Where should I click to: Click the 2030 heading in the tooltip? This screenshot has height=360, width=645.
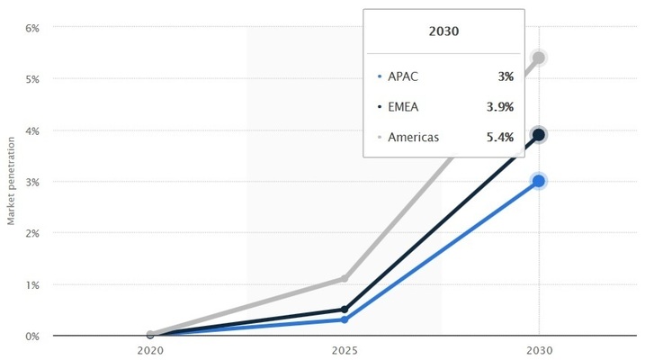click(443, 31)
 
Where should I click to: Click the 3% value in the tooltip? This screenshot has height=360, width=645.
click(506, 76)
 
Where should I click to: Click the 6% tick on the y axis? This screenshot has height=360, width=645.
click(32, 28)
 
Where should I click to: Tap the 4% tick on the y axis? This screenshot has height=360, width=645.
click(32, 130)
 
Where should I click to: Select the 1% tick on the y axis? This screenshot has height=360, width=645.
click(32, 284)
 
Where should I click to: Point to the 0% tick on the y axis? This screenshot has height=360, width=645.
click(32, 336)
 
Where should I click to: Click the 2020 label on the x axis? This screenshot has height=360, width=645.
click(150, 350)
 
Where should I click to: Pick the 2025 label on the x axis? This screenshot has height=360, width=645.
click(345, 350)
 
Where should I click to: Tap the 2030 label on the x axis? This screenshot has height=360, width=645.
click(538, 350)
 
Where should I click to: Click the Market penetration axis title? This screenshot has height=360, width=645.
click(12, 181)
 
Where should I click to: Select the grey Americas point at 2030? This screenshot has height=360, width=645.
click(539, 58)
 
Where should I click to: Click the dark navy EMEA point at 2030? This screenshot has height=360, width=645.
click(539, 135)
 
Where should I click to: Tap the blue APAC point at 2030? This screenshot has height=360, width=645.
click(539, 181)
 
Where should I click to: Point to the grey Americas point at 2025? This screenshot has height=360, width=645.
click(345, 279)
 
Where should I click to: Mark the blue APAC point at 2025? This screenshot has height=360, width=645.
click(345, 319)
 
